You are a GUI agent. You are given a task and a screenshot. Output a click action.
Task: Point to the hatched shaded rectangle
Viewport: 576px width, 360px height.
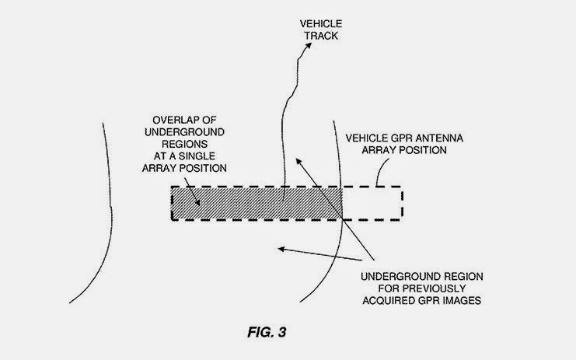click(257, 204)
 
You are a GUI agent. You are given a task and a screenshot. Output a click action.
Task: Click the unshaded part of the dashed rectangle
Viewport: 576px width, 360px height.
click(372, 204)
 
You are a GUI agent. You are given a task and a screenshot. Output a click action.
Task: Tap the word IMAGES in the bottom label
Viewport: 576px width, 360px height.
click(456, 302)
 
